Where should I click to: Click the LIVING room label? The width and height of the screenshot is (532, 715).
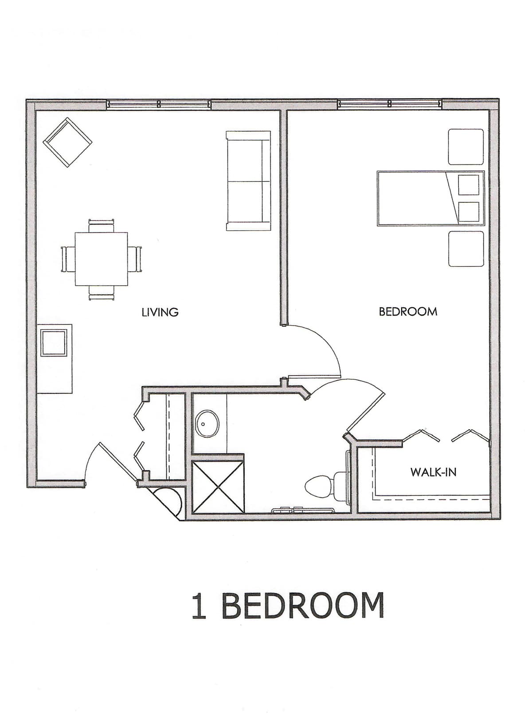coord(160,312)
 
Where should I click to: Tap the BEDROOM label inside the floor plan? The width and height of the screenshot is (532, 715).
coord(408,311)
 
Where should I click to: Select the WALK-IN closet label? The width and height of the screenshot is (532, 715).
coord(434,472)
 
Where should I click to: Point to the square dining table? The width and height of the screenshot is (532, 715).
coord(101,259)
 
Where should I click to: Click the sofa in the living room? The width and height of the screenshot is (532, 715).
coord(248,181)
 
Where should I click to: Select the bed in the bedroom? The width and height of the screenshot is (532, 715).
coord(431,198)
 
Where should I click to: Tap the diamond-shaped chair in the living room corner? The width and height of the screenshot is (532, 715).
coord(68,142)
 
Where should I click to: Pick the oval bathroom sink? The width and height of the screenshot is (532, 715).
coord(208,424)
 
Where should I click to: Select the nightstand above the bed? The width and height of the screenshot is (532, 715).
coord(466,147)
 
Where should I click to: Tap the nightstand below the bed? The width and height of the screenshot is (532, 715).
coord(466,249)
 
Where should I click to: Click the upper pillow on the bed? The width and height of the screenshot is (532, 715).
coord(469,185)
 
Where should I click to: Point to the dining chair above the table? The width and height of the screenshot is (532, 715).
coord(101,225)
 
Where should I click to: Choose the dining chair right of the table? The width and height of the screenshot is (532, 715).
coord(135,259)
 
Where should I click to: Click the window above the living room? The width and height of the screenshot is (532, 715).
coord(159,104)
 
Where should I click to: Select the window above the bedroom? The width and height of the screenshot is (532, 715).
coord(390,104)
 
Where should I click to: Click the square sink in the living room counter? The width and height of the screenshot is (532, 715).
coord(54,343)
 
